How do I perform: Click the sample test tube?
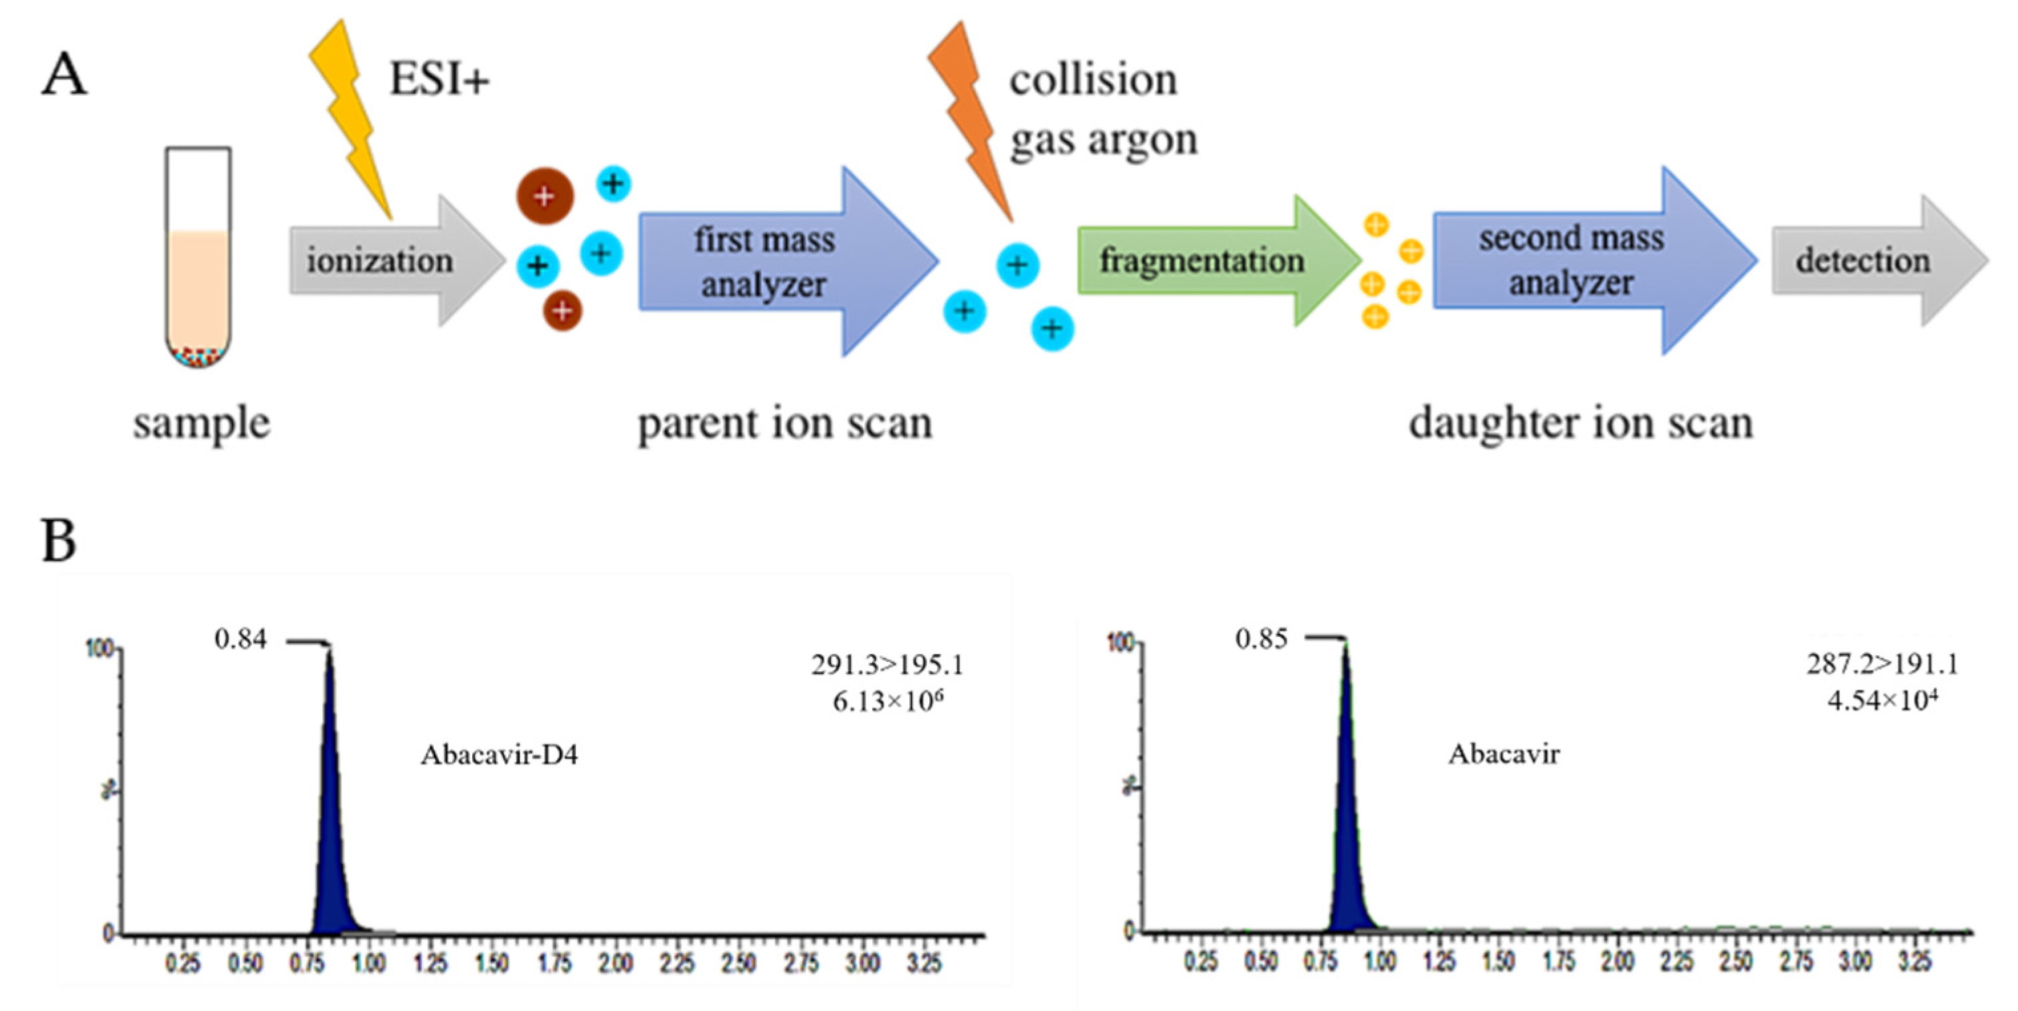tap(198, 258)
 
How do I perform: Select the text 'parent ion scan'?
tap(785, 424)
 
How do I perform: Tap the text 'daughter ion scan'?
tap(1580, 424)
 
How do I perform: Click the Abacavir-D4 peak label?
tap(499, 755)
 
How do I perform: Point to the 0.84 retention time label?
tap(240, 639)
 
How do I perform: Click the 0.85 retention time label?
tap(1261, 639)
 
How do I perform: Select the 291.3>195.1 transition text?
tap(887, 665)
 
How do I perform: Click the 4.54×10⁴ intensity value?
tap(1882, 700)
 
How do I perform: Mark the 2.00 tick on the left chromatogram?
tap(616, 963)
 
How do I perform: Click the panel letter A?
tap(64, 76)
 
